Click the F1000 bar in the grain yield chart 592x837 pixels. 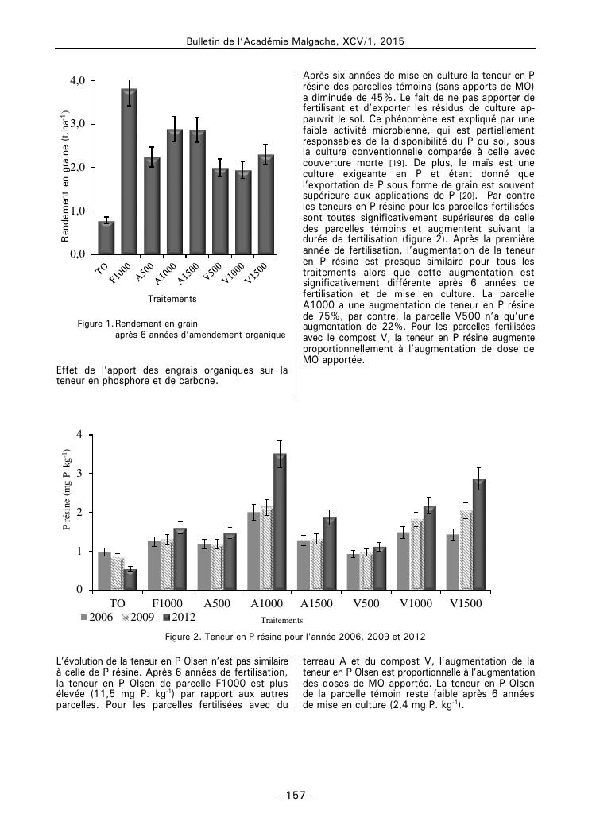(x=129, y=172)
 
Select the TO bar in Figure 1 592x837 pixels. (x=106, y=238)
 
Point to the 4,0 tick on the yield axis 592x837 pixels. (x=77, y=81)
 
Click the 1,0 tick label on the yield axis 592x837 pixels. (x=77, y=211)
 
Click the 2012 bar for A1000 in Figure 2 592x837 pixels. (x=280, y=521)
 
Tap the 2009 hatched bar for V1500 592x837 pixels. (x=466, y=550)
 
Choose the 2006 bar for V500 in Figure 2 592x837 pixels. (x=354, y=572)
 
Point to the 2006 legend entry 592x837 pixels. (x=97, y=618)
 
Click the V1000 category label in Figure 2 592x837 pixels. (x=416, y=603)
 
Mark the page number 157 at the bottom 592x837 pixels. (x=296, y=796)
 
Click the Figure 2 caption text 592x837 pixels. (x=296, y=637)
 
